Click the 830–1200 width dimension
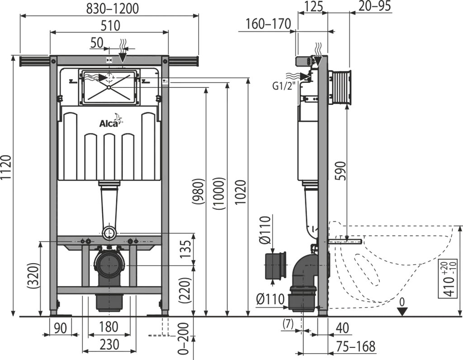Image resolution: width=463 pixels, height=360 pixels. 112,9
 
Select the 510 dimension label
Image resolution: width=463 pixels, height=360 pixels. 110,26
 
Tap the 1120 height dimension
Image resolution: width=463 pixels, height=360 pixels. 6,167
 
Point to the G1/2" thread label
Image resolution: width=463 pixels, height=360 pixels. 284,86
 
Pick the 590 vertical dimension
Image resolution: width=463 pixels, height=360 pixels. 340,171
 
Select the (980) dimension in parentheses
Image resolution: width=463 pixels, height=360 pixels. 198,191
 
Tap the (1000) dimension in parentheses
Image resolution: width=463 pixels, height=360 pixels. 219,194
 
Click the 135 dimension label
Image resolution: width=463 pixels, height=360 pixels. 186,249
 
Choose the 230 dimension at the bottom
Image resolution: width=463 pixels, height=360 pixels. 109,344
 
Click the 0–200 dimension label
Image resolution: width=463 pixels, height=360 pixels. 183,338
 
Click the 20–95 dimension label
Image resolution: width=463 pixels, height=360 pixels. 375,6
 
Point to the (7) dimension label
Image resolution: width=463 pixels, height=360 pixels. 288,324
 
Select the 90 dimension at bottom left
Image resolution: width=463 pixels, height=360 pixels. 61,328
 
